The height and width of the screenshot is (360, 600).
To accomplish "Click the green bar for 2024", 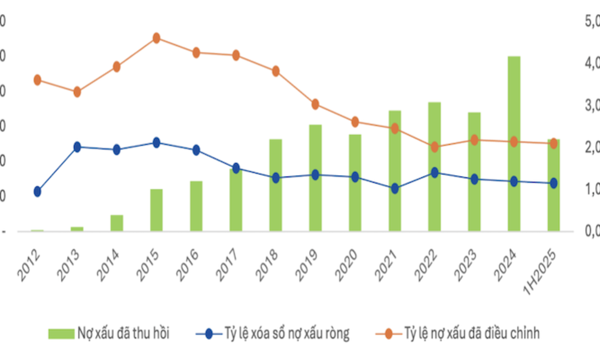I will tap(514, 143).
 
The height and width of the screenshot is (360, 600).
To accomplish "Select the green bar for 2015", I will tap(156, 210).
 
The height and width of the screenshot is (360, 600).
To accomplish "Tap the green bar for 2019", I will tap(315, 178).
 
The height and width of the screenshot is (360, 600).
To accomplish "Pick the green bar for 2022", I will tap(434, 166).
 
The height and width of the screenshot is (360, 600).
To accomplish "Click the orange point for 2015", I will tap(156, 38).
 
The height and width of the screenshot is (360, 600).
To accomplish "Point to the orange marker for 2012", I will tap(37, 80).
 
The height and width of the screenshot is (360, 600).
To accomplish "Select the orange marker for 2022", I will tap(434, 147).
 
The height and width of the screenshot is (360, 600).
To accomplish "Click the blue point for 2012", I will tap(37, 191).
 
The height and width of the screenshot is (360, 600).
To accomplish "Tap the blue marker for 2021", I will tap(394, 189).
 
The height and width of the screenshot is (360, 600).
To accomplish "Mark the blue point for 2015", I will tap(156, 143).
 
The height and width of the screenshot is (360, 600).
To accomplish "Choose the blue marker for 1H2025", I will tap(553, 183).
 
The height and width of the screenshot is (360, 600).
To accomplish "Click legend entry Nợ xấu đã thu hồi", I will tap(123, 333).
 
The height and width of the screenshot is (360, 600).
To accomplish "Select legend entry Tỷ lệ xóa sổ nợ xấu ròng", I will tap(284, 333).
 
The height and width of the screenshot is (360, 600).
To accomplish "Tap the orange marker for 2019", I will tap(315, 105).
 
